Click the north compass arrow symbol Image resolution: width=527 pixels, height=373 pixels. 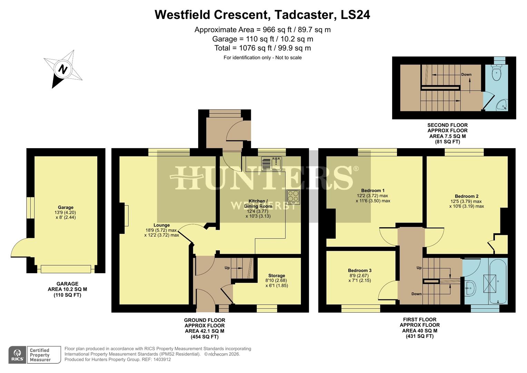tap(63, 69)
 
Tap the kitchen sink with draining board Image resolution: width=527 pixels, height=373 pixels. tap(272, 164)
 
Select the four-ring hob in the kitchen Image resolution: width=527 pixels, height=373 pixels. tap(293, 197)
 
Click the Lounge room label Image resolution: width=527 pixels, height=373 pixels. tap(162, 225)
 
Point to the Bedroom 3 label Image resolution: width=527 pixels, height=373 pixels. tap(360, 270)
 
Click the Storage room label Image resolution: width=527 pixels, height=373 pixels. tap(276, 276)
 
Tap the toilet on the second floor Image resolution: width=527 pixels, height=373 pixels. tap(497, 73)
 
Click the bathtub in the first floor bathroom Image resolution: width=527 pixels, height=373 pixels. tap(497, 281)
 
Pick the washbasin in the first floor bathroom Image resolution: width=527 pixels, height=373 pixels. tap(470, 287)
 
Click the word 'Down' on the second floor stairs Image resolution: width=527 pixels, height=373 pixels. tap(466, 75)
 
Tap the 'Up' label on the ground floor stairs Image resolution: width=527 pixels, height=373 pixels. tap(227, 268)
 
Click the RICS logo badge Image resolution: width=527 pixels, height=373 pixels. tap(17, 355)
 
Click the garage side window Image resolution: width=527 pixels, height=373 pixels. tap(31, 208)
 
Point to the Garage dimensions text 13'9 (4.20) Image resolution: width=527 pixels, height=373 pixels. tap(66, 213)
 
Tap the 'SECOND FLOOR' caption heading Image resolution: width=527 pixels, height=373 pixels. tap(447, 125)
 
